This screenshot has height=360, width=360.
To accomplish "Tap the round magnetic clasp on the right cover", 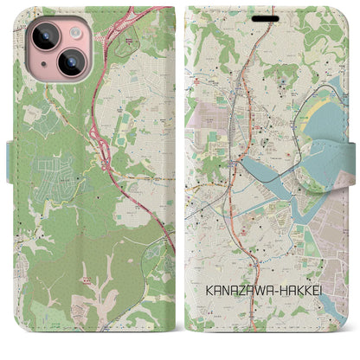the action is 350,156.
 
